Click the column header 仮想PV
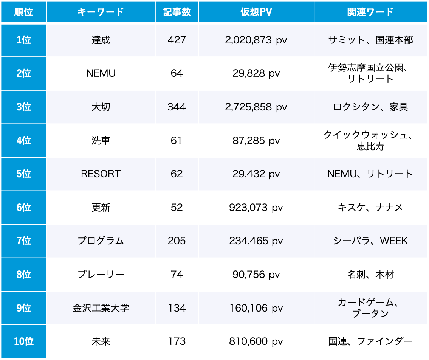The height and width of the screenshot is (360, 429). point(256,12)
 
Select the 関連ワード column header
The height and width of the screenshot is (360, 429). point(370,12)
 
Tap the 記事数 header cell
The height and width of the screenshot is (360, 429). point(177,12)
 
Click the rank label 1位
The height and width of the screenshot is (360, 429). point(24,40)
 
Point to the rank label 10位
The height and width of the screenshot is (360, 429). point(24,341)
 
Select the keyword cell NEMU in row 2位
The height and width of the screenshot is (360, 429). point(101,73)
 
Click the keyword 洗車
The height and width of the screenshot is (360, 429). point(101,141)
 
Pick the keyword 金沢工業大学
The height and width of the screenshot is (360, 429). point(101,308)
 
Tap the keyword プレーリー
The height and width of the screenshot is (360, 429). point(101,275)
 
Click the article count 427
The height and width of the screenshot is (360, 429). point(177,40)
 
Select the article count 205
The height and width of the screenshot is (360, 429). point(177,241)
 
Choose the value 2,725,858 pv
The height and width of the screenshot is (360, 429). point(256,107)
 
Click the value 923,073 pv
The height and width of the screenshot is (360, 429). point(256,208)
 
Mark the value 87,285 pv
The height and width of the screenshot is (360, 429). point(256,141)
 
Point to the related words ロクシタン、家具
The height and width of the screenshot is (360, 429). point(370,107)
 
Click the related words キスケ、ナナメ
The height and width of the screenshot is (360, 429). point(370,208)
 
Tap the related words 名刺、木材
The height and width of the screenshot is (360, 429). point(370,275)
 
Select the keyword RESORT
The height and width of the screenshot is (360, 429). point(101,174)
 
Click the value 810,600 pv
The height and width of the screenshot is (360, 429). point(256,341)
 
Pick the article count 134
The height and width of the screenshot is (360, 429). point(177,308)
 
